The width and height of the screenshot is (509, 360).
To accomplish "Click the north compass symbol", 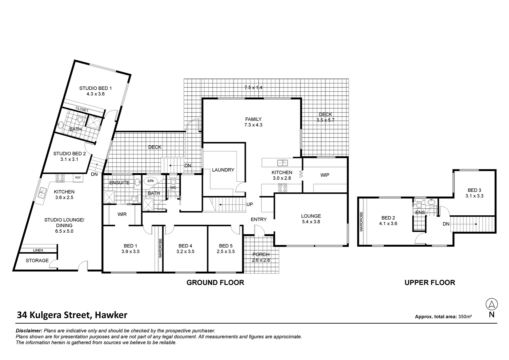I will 491,304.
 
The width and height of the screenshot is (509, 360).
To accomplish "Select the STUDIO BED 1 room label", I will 95,88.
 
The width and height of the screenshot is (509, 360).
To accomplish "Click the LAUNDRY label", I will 223,170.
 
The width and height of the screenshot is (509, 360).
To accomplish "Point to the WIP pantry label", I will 324,175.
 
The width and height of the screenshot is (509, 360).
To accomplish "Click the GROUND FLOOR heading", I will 215,283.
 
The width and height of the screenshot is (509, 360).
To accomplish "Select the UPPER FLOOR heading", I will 429,283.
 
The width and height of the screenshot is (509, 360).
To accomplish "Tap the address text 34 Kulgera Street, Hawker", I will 72,315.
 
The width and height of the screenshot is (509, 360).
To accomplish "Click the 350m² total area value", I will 465,317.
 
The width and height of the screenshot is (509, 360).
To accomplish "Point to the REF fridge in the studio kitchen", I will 78,178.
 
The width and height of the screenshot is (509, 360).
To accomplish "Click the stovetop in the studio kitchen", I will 60,178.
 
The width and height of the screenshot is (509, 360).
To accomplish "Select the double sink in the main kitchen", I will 282,163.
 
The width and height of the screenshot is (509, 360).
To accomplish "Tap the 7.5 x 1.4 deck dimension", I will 253,88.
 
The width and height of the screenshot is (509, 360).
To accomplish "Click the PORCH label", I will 261,254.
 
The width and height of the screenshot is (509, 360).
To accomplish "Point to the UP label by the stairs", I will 250,204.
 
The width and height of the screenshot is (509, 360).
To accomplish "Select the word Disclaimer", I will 29,331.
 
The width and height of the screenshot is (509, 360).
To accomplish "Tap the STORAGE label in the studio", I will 37,260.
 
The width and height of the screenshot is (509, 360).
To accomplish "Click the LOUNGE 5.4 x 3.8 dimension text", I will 311,222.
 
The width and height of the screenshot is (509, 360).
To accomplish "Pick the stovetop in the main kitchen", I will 282,188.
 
